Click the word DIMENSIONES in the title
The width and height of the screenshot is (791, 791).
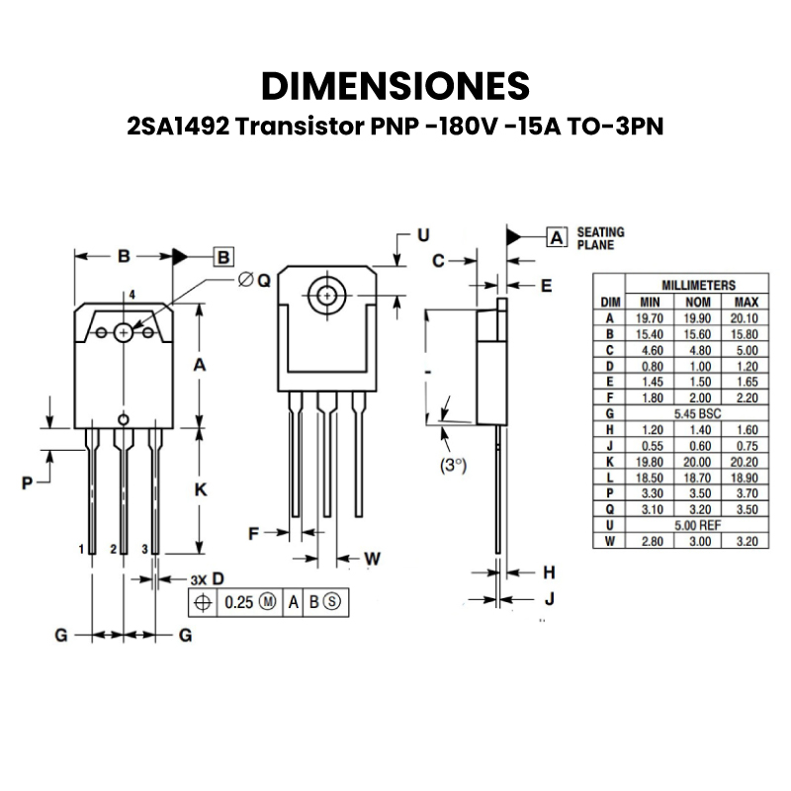pyautogui.click(x=395, y=86)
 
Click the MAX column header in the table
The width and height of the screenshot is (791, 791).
pyautogui.click(x=746, y=301)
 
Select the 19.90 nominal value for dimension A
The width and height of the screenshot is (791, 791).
pyautogui.click(x=698, y=317)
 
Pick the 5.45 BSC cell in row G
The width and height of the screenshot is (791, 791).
pyautogui.click(x=697, y=413)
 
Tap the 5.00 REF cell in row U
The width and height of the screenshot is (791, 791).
pyautogui.click(x=697, y=525)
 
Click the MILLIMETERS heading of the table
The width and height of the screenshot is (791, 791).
pyautogui.click(x=697, y=285)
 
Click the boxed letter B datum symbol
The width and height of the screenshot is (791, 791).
pyautogui.click(x=223, y=257)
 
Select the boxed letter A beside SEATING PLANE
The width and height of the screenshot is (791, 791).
pyautogui.click(x=556, y=237)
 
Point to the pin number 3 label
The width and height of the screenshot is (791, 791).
pyautogui.click(x=144, y=548)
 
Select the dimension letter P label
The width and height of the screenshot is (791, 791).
pyautogui.click(x=28, y=483)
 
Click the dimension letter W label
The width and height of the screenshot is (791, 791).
pyautogui.click(x=372, y=559)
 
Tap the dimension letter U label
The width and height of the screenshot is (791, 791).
pyautogui.click(x=422, y=235)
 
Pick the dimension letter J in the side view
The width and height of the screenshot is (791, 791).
pyautogui.click(x=550, y=598)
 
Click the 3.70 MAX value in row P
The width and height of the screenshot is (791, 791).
pyautogui.click(x=746, y=492)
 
